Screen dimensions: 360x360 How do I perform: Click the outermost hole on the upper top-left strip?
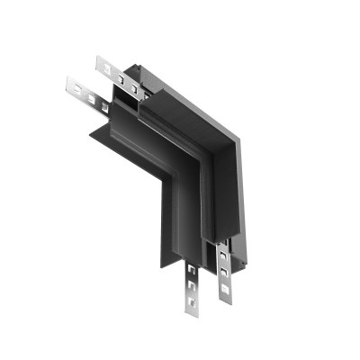(102, 66)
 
